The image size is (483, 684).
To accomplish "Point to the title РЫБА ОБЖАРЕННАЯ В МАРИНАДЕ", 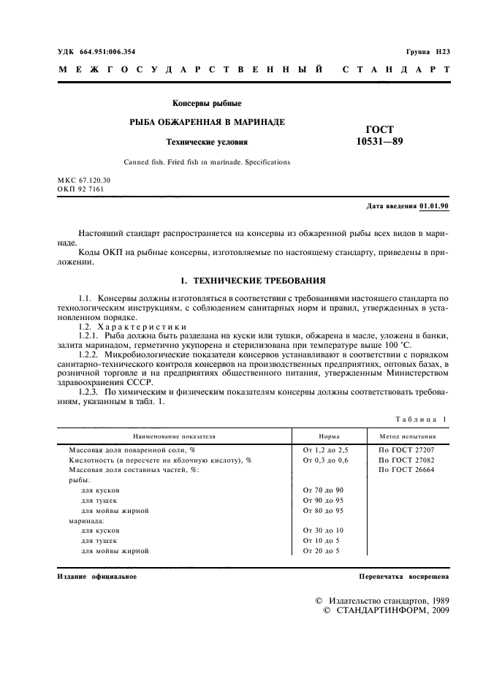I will tap(207, 121).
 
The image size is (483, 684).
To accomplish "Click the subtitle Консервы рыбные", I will tap(207, 103).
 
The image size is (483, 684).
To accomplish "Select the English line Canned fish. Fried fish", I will tap(207, 161).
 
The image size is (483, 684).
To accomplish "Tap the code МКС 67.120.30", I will tap(83, 180).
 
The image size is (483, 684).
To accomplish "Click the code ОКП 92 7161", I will tap(82, 189).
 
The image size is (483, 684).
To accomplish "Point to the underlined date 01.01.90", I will tap(435, 208).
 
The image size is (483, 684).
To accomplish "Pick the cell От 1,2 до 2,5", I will tap(325, 450).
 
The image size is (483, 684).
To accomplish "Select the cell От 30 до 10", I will tap(323, 530).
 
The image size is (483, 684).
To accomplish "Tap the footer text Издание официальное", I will tap(97, 577).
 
